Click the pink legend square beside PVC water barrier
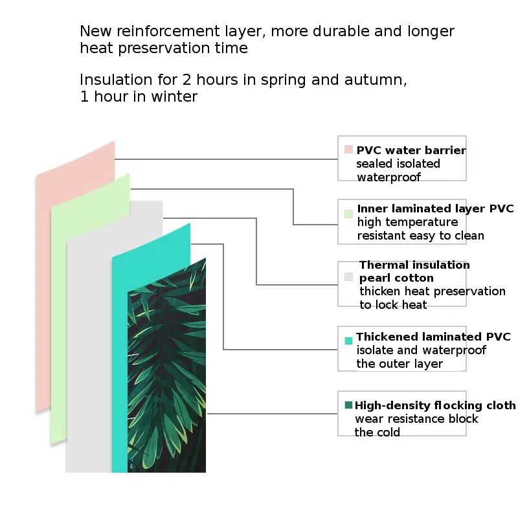tap(348, 150)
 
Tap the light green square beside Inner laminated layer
tap(348, 213)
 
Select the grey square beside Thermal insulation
tap(348, 276)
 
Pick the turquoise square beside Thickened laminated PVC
tap(348, 340)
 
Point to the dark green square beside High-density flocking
tap(348, 405)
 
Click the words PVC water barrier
tap(411, 150)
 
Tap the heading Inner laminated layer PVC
tap(435, 208)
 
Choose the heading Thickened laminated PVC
tap(433, 337)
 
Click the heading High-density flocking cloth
tap(435, 405)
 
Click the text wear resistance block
tap(416, 418)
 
